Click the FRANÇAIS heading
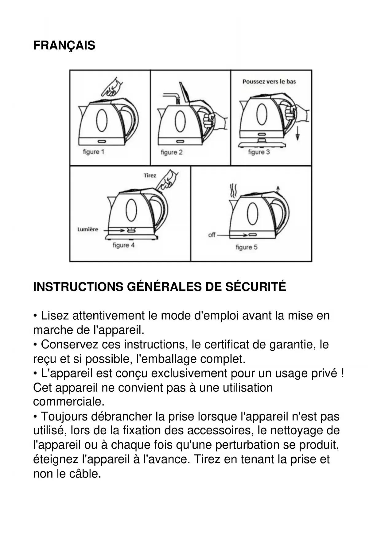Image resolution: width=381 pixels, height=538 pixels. point(64,45)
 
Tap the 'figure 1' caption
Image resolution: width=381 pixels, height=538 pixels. point(94,152)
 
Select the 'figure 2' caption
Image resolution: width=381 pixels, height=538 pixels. point(172,152)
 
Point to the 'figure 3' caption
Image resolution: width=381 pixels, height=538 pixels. point(259,152)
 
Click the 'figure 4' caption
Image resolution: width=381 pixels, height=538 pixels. point(123,245)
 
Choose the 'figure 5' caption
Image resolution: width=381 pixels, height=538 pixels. point(247,247)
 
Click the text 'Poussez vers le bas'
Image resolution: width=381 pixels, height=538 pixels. point(269,82)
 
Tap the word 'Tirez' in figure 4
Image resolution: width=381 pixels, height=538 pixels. point(150,175)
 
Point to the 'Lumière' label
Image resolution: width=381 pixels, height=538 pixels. point(88,229)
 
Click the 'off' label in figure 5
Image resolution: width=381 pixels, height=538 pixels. point(212,235)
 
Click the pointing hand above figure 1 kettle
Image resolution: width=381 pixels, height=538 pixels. point(112,87)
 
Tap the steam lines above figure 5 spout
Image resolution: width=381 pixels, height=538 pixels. point(234,190)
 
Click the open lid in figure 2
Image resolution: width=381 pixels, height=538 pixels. point(185,92)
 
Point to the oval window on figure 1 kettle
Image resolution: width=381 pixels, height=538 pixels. point(102,120)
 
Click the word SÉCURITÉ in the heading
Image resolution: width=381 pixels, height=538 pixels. point(256,287)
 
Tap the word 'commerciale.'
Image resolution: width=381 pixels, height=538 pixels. point(69,402)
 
